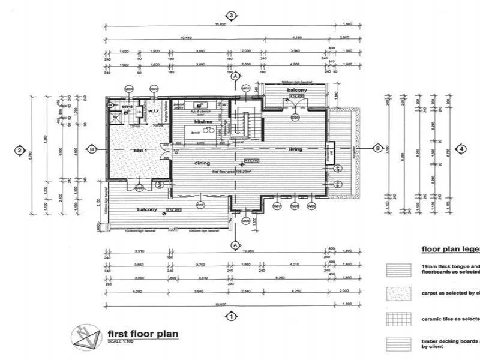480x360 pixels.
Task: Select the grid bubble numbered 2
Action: coord(20,150)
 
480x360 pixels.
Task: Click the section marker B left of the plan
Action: coord(92,149)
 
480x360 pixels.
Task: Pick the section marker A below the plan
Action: coord(235,244)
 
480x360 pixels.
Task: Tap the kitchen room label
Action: coord(204,121)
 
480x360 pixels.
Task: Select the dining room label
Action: coord(201,163)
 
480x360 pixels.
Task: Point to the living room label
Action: coord(295,149)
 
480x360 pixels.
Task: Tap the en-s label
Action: coord(126,107)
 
